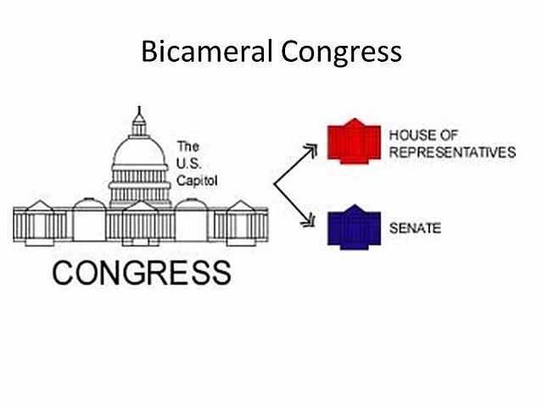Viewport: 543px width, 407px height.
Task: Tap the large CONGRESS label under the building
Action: pyautogui.click(x=141, y=271)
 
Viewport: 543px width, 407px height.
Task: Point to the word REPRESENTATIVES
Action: pyautogui.click(x=452, y=153)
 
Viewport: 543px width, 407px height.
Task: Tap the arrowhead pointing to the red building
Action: pyautogui.click(x=311, y=150)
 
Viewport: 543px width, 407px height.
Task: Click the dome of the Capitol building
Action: pyautogui.click(x=139, y=153)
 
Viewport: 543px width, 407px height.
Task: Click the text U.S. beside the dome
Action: pyautogui.click(x=188, y=163)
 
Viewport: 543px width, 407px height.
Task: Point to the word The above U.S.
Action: pyautogui.click(x=188, y=146)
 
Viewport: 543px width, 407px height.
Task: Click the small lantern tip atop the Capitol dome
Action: pyautogui.click(x=139, y=112)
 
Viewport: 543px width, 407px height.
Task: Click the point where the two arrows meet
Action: pyautogui.click(x=273, y=185)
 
